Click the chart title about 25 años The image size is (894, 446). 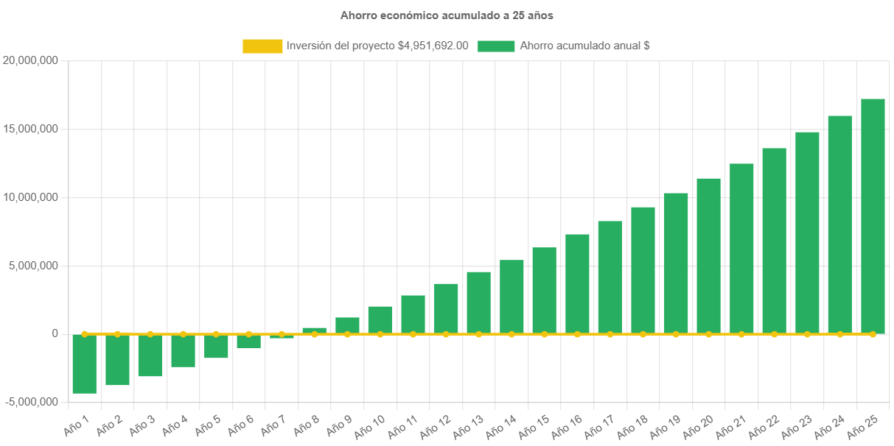tap(447, 15)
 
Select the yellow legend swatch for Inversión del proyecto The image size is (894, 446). tap(262, 46)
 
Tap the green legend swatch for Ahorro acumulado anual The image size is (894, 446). tap(496, 46)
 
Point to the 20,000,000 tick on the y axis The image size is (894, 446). tap(31, 60)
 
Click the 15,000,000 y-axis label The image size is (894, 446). tap(31, 129)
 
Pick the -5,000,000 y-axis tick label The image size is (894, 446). tap(31, 402)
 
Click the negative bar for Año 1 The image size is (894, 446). tap(84, 364)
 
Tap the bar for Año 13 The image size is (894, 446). tap(478, 302)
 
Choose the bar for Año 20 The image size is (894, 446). tap(708, 255)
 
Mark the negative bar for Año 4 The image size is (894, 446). tap(183, 350)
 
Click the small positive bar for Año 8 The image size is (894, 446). tap(314, 330)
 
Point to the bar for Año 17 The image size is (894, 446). tap(610, 277)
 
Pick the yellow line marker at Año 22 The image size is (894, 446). tap(774, 334)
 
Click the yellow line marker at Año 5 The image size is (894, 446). tap(216, 334)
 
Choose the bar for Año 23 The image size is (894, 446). tap(807, 233)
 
